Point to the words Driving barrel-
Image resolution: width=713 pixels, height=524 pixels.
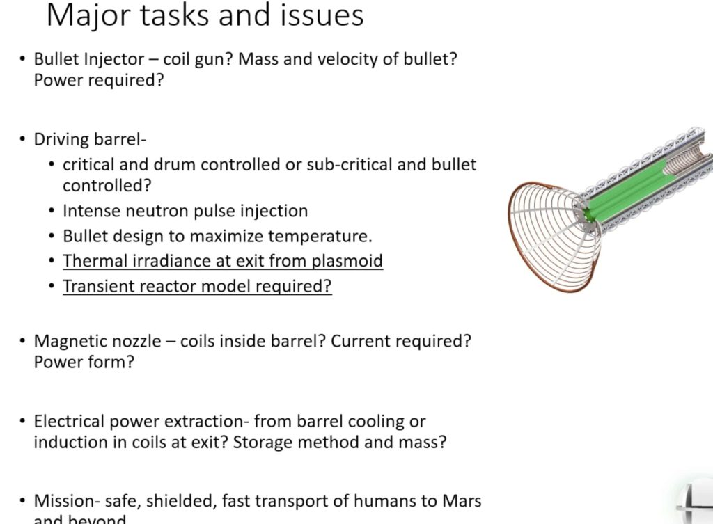coord(90,139)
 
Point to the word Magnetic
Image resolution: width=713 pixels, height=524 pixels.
coord(68,342)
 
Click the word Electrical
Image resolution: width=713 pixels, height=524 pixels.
coord(66,421)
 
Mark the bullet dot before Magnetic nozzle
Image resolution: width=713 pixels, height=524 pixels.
coord(24,342)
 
